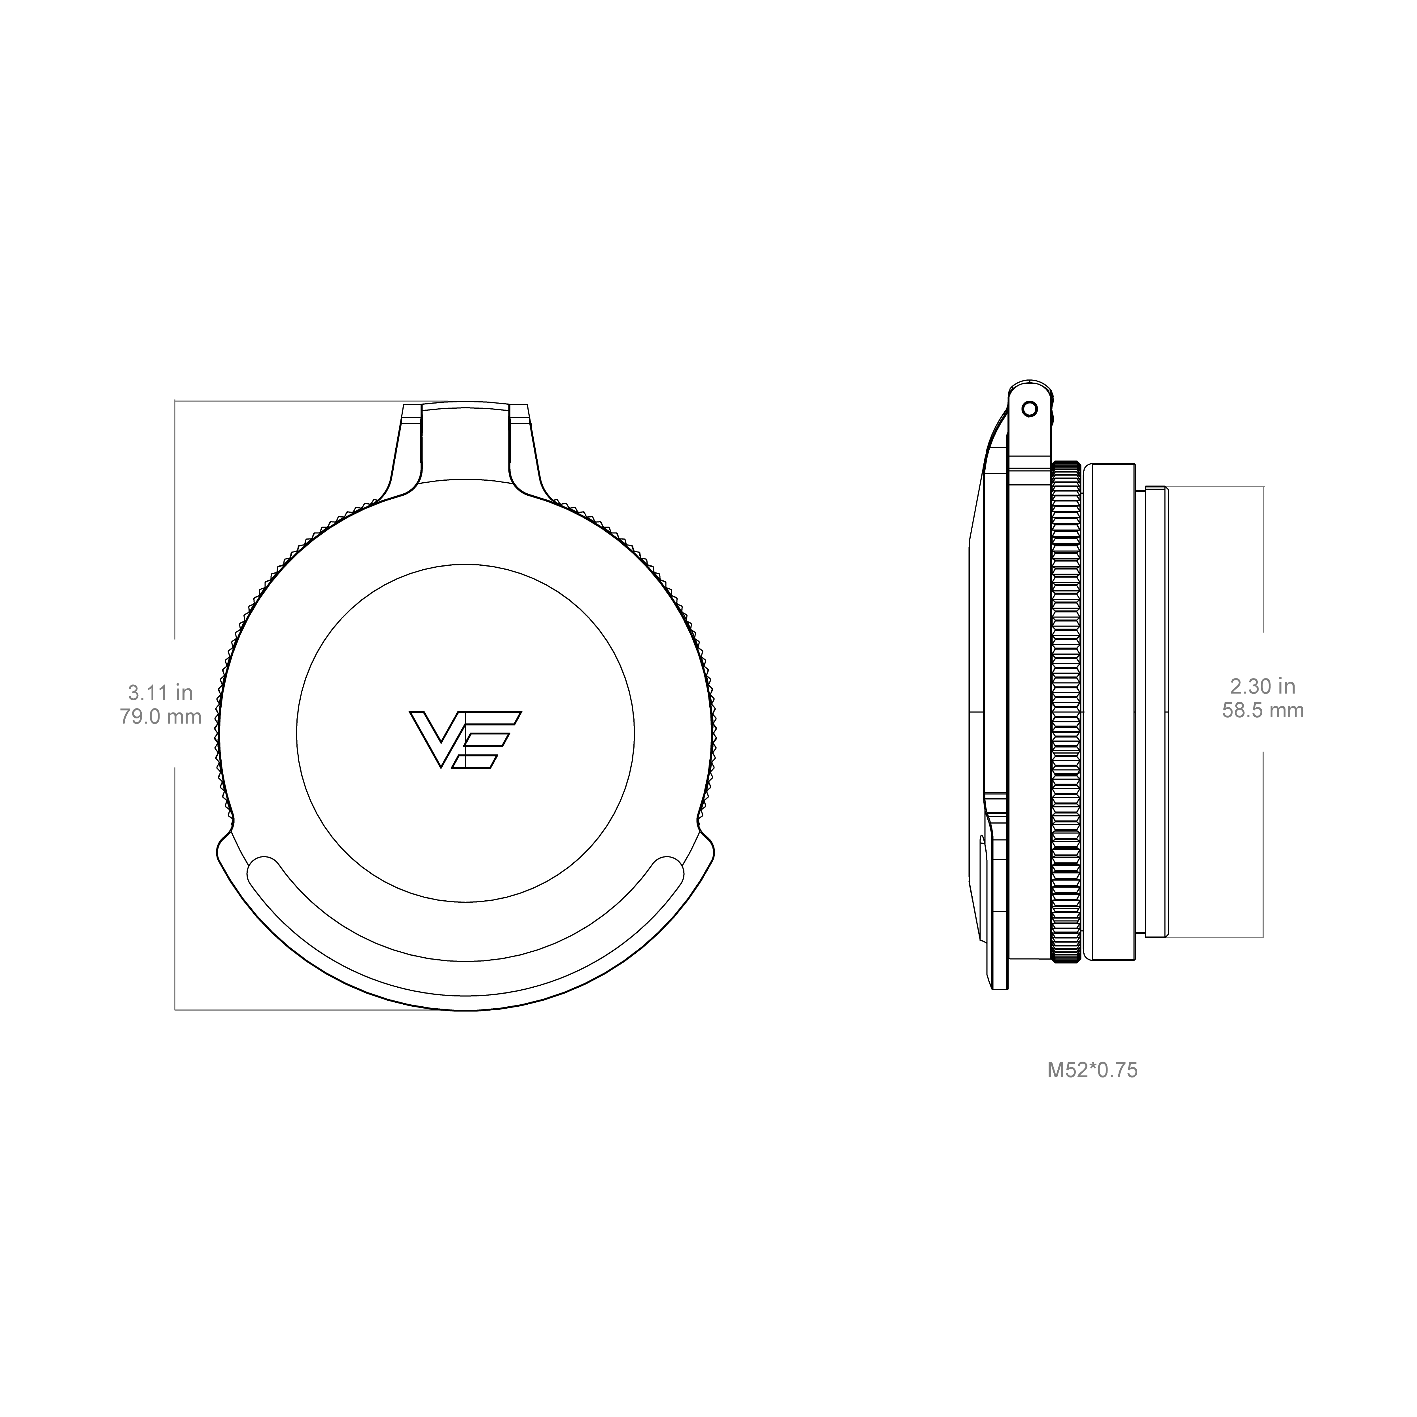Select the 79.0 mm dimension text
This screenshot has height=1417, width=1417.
coord(161,716)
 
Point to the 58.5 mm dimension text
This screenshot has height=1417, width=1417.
coord(1263,710)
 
